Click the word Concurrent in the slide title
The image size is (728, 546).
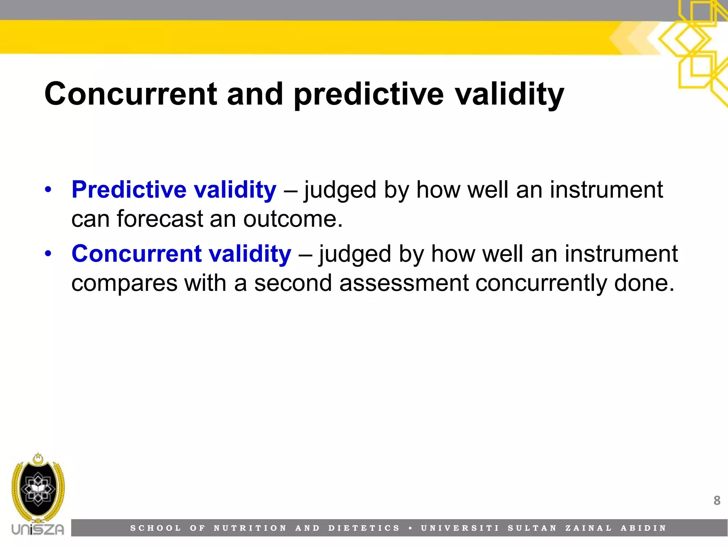[130, 94]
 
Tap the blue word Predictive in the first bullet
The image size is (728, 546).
[129, 189]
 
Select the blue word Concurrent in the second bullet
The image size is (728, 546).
[136, 254]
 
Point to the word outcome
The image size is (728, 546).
[293, 219]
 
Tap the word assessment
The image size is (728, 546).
[404, 283]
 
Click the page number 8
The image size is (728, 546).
[717, 500]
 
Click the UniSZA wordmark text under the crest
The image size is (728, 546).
[38, 529]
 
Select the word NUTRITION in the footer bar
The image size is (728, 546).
[250, 528]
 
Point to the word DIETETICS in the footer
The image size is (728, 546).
[364, 528]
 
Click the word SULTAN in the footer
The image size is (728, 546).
[532, 528]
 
